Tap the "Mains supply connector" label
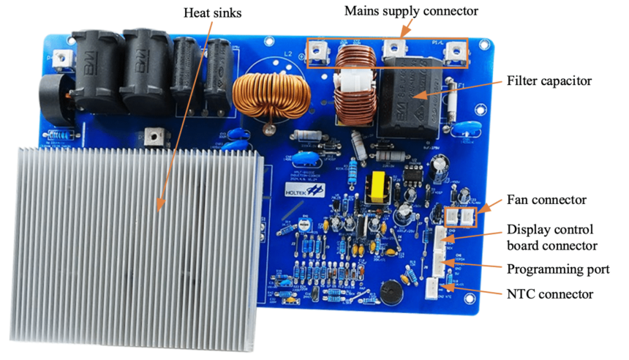tap(411, 11)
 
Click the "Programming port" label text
tap(558, 269)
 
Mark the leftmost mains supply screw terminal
tap(320, 50)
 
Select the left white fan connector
tap(453, 216)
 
